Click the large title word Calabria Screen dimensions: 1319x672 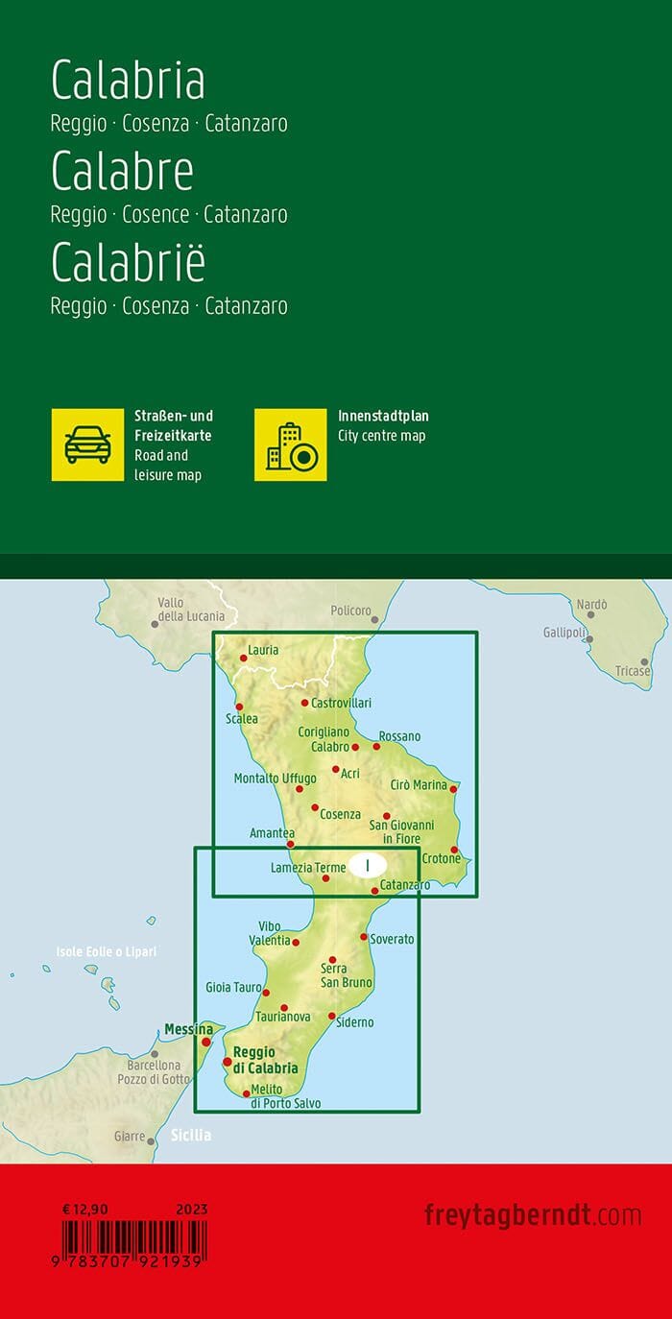(128, 81)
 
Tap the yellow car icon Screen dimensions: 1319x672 (87, 444)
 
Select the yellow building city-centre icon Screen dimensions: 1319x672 (290, 444)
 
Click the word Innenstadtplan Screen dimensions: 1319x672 (383, 416)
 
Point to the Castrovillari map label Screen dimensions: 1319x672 (341, 704)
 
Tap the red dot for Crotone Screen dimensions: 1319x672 (454, 850)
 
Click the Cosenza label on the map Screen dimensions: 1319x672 (340, 814)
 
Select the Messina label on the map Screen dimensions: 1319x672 (188, 1029)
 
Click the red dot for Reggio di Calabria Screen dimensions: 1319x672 (228, 1062)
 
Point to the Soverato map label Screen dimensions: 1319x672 (392, 939)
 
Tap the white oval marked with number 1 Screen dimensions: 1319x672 (368, 865)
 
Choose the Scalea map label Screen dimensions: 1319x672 (241, 718)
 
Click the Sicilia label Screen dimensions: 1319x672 (191, 1135)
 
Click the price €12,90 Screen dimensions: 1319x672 (82, 1210)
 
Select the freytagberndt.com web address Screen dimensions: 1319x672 (532, 1215)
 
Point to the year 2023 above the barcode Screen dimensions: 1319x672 (192, 1210)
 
